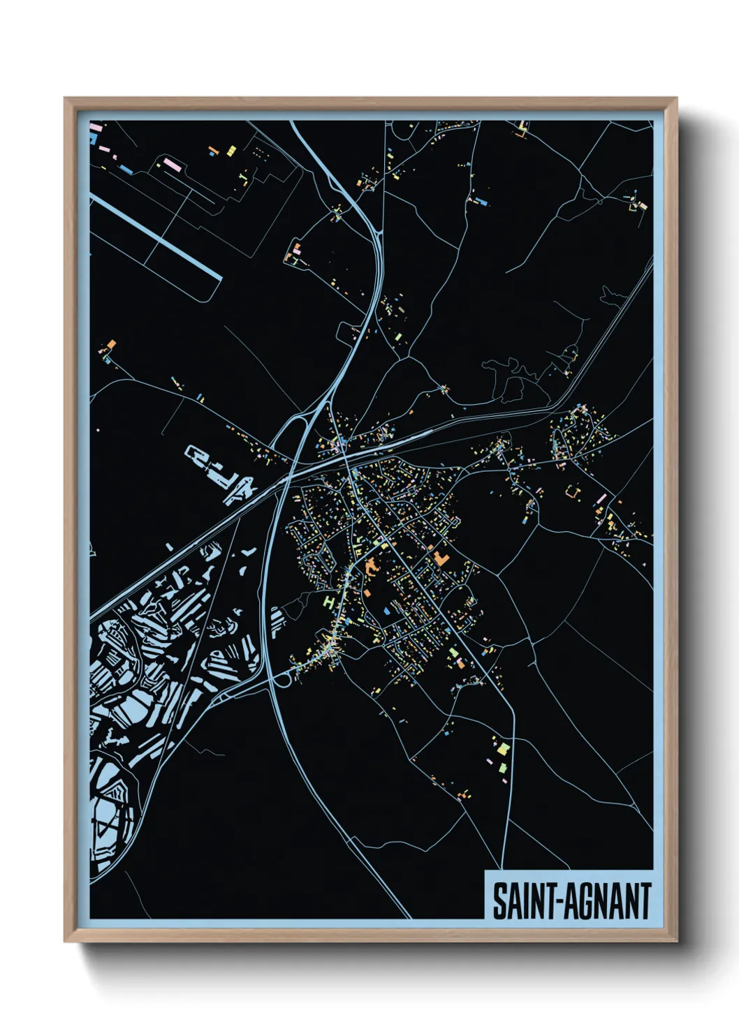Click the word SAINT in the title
tap(522, 901)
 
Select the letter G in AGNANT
tap(581, 901)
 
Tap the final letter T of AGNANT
tap(645, 901)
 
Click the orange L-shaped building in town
tap(441, 558)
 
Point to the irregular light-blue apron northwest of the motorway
tap(224, 475)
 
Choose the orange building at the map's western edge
tap(110, 345)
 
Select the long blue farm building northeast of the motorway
tap(480, 202)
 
